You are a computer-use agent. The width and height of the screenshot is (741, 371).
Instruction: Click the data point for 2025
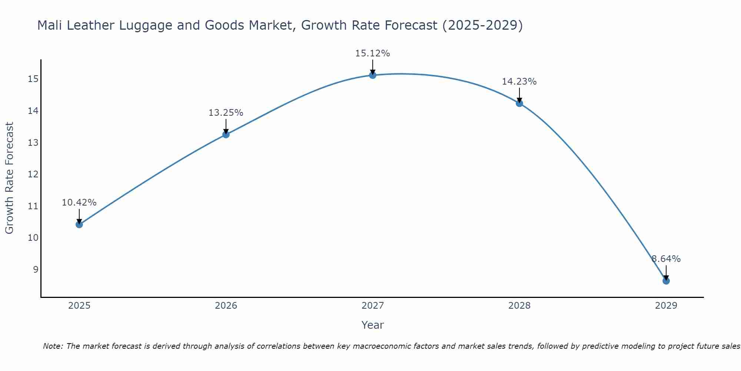tap(79, 224)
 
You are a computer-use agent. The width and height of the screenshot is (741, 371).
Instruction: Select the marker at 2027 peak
tap(372, 75)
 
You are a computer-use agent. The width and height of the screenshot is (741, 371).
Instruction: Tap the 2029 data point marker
tap(666, 281)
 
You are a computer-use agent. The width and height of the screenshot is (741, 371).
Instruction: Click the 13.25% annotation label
tap(226, 113)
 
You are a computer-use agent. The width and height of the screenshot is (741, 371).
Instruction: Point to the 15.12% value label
tap(372, 53)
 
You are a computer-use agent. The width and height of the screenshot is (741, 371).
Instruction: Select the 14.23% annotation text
tap(519, 82)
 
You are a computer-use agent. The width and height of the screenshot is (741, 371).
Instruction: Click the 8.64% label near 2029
tap(666, 259)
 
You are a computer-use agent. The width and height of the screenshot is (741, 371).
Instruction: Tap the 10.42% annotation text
tap(79, 203)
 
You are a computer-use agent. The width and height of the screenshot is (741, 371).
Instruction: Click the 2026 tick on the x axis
tap(226, 306)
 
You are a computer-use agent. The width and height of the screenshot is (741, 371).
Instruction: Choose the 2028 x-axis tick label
tap(519, 306)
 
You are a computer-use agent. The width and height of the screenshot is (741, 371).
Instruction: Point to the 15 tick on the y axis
tap(33, 79)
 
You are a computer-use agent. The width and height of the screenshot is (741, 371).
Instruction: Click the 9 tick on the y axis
tap(36, 269)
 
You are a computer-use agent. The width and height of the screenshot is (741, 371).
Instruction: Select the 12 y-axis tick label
tap(33, 174)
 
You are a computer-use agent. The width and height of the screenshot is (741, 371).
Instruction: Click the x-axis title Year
tap(372, 325)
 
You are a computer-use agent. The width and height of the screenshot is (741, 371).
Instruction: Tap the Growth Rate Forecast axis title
tap(9, 178)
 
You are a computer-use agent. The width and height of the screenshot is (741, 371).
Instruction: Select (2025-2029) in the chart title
tap(482, 25)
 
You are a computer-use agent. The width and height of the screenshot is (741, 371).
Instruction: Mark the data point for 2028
tap(519, 103)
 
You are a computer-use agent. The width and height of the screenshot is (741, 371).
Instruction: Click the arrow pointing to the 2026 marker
tap(226, 127)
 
